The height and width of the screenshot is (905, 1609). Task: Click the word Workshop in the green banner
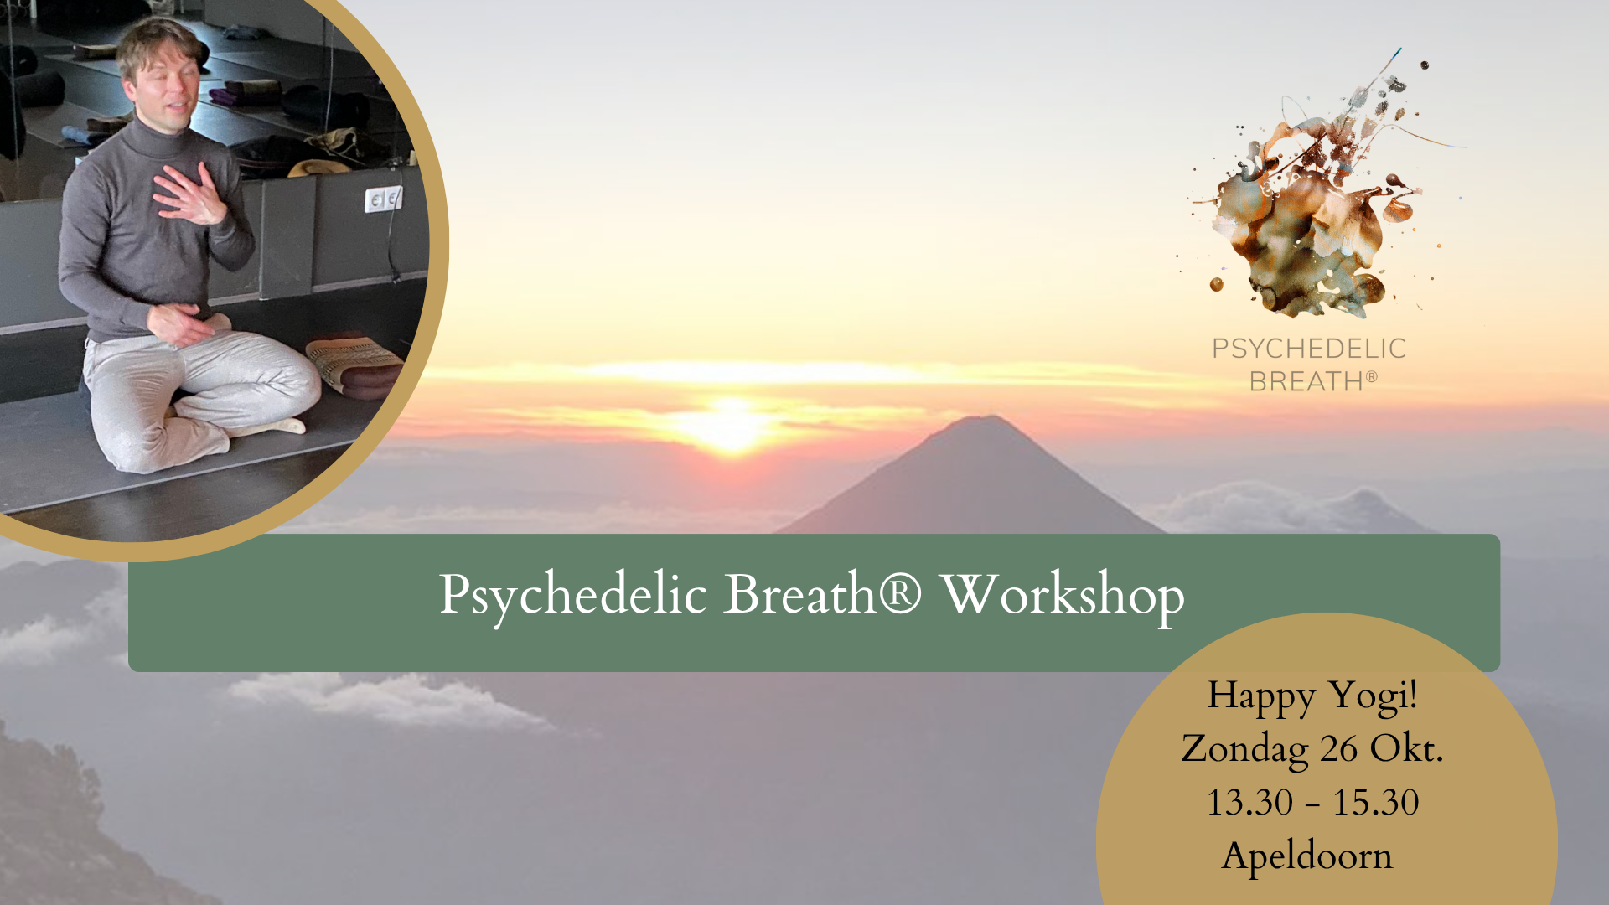(1063, 596)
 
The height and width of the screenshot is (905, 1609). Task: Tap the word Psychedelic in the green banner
(574, 596)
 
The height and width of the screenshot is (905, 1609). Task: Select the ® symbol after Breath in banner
(899, 592)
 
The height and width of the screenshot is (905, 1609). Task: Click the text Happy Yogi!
(1312, 696)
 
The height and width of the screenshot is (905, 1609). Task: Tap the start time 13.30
(1249, 803)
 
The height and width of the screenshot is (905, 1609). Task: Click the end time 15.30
(1376, 803)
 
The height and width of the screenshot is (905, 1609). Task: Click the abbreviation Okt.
(1406, 748)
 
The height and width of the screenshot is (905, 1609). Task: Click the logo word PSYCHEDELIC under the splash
(1309, 349)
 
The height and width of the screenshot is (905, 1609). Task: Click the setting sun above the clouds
(732, 423)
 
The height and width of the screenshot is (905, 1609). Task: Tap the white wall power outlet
(384, 199)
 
